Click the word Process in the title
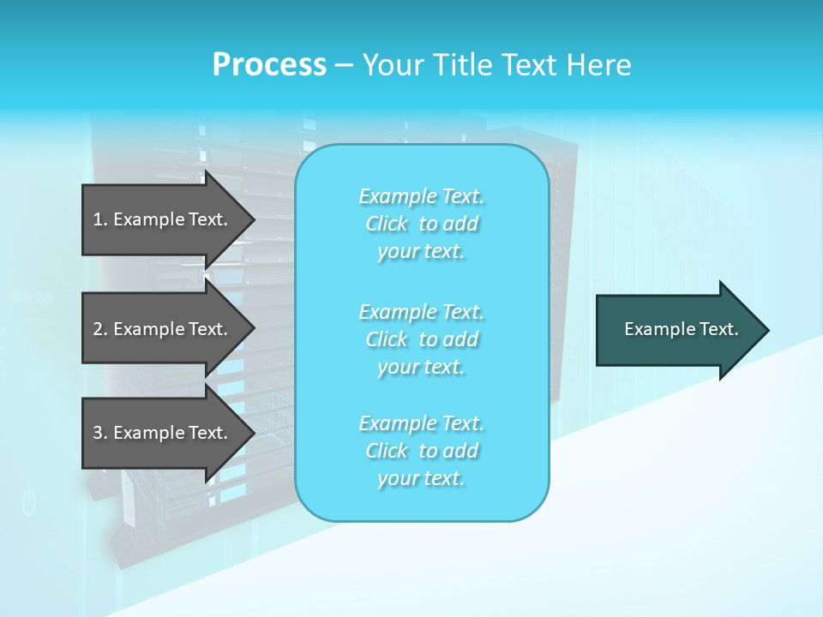(x=269, y=65)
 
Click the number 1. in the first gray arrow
(x=100, y=219)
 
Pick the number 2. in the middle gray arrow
(x=100, y=329)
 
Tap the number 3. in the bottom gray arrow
(x=100, y=433)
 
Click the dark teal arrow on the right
(x=669, y=330)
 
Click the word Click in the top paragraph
(x=387, y=225)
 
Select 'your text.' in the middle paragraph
(x=421, y=367)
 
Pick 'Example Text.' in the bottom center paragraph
(x=421, y=423)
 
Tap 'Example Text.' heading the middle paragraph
(x=421, y=312)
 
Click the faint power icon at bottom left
(x=29, y=503)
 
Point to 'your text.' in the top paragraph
(x=421, y=252)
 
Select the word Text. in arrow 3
(x=204, y=433)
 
